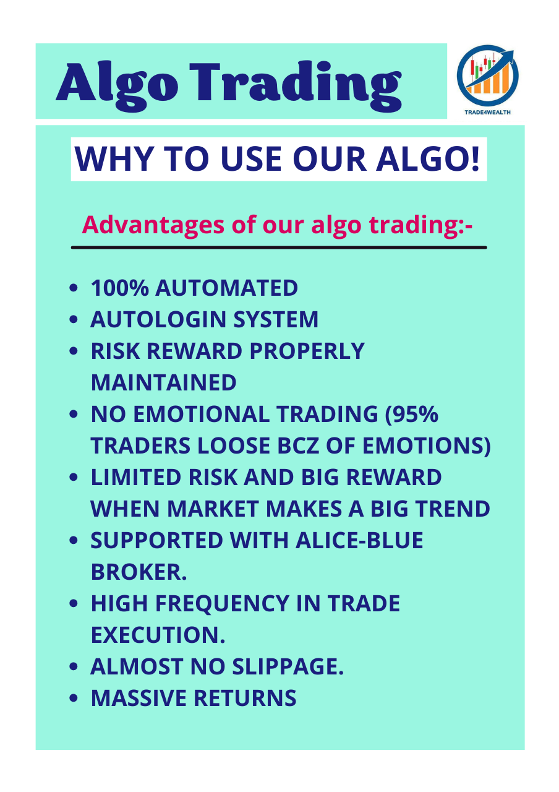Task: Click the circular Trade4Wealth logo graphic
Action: tap(487, 74)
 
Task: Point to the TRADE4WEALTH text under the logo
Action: tap(487, 113)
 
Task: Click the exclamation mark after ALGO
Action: tap(474, 159)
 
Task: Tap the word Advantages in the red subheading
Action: tap(153, 225)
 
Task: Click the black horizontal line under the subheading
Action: tap(279, 247)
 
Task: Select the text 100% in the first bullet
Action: tap(120, 288)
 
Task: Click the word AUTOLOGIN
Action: tap(158, 319)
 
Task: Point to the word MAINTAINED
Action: tap(164, 382)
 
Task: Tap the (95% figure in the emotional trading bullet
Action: tap(412, 414)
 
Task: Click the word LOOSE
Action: tap(234, 445)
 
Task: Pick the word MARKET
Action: tap(213, 509)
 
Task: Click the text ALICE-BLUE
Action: tap(359, 540)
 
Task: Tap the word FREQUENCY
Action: tap(222, 605)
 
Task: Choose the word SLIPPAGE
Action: tap(288, 667)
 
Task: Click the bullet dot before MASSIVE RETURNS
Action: tap(74, 699)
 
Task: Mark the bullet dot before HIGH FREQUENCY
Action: tap(74, 603)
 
